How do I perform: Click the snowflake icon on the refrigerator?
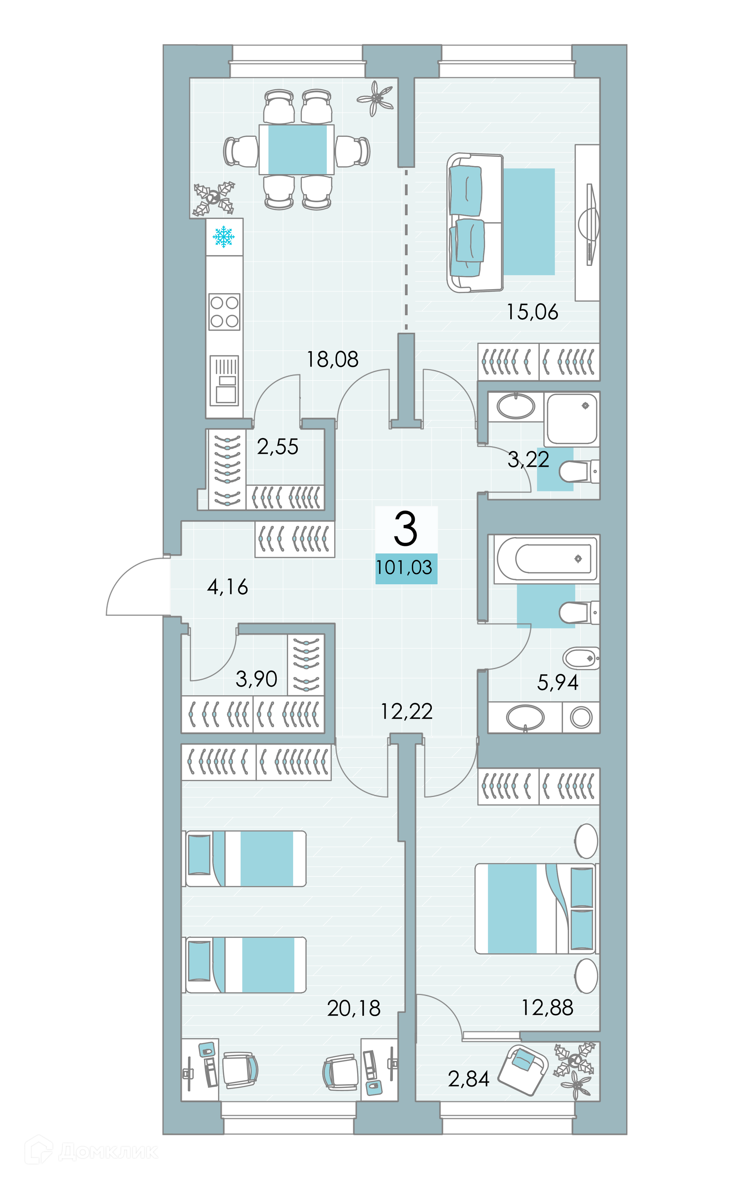click(223, 237)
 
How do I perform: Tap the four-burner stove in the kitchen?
click(224, 312)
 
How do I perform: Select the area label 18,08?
click(333, 359)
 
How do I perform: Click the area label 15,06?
click(532, 312)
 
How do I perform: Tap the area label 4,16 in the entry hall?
click(228, 587)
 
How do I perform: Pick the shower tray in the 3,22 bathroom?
click(571, 419)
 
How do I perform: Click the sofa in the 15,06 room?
click(475, 222)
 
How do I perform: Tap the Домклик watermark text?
click(107, 1152)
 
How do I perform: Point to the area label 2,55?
click(278, 446)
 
